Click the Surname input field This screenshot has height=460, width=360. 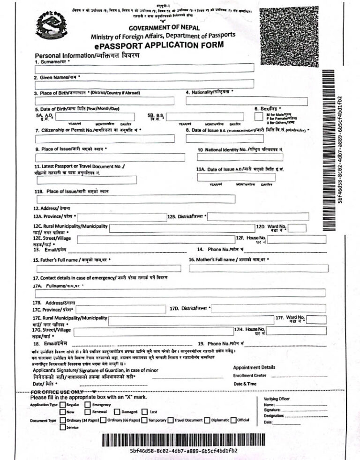(144, 68)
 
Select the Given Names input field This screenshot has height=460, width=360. (144, 84)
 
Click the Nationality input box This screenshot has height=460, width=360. (247, 101)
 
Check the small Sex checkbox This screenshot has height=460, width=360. (259, 116)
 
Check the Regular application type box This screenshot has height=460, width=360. (62, 404)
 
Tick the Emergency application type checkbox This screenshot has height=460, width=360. (88, 404)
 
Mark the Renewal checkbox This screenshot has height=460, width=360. (88, 411)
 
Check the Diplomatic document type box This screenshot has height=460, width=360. (207, 420)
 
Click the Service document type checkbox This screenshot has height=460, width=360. (62, 427)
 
